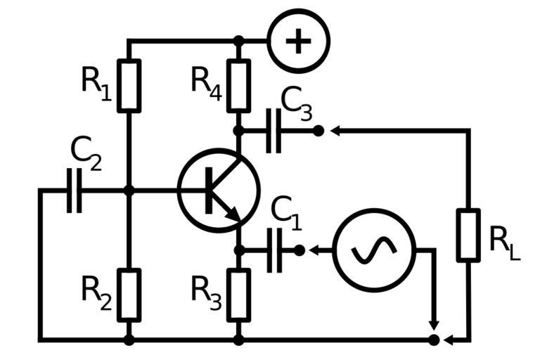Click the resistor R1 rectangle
click(x=129, y=86)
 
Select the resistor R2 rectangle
click(x=129, y=295)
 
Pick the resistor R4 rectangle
click(x=238, y=86)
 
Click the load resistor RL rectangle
click(x=468, y=235)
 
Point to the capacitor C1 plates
click(x=274, y=250)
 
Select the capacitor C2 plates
click(x=74, y=190)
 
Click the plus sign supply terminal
click(x=298, y=41)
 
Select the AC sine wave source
click(x=374, y=250)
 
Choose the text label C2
click(x=86, y=153)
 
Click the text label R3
click(x=206, y=290)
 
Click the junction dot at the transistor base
click(x=129, y=190)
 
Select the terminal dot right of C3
click(x=319, y=130)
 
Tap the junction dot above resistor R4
click(x=238, y=41)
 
